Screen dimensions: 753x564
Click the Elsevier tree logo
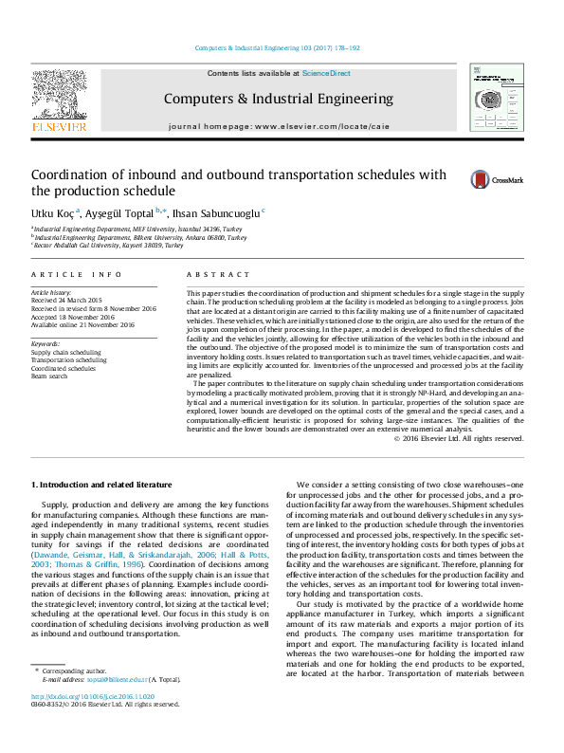pyautogui.click(x=60, y=98)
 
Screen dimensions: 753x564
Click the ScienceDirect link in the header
pyautogui.click(x=326, y=73)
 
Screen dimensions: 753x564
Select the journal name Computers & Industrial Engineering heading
pyautogui.click(x=278, y=99)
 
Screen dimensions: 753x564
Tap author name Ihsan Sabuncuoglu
pyautogui.click(x=216, y=212)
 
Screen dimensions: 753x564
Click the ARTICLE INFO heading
pyautogui.click(x=77, y=274)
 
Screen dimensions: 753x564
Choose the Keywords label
pyautogui.click(x=45, y=343)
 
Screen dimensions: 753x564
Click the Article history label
pyautogui.click(x=51, y=294)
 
